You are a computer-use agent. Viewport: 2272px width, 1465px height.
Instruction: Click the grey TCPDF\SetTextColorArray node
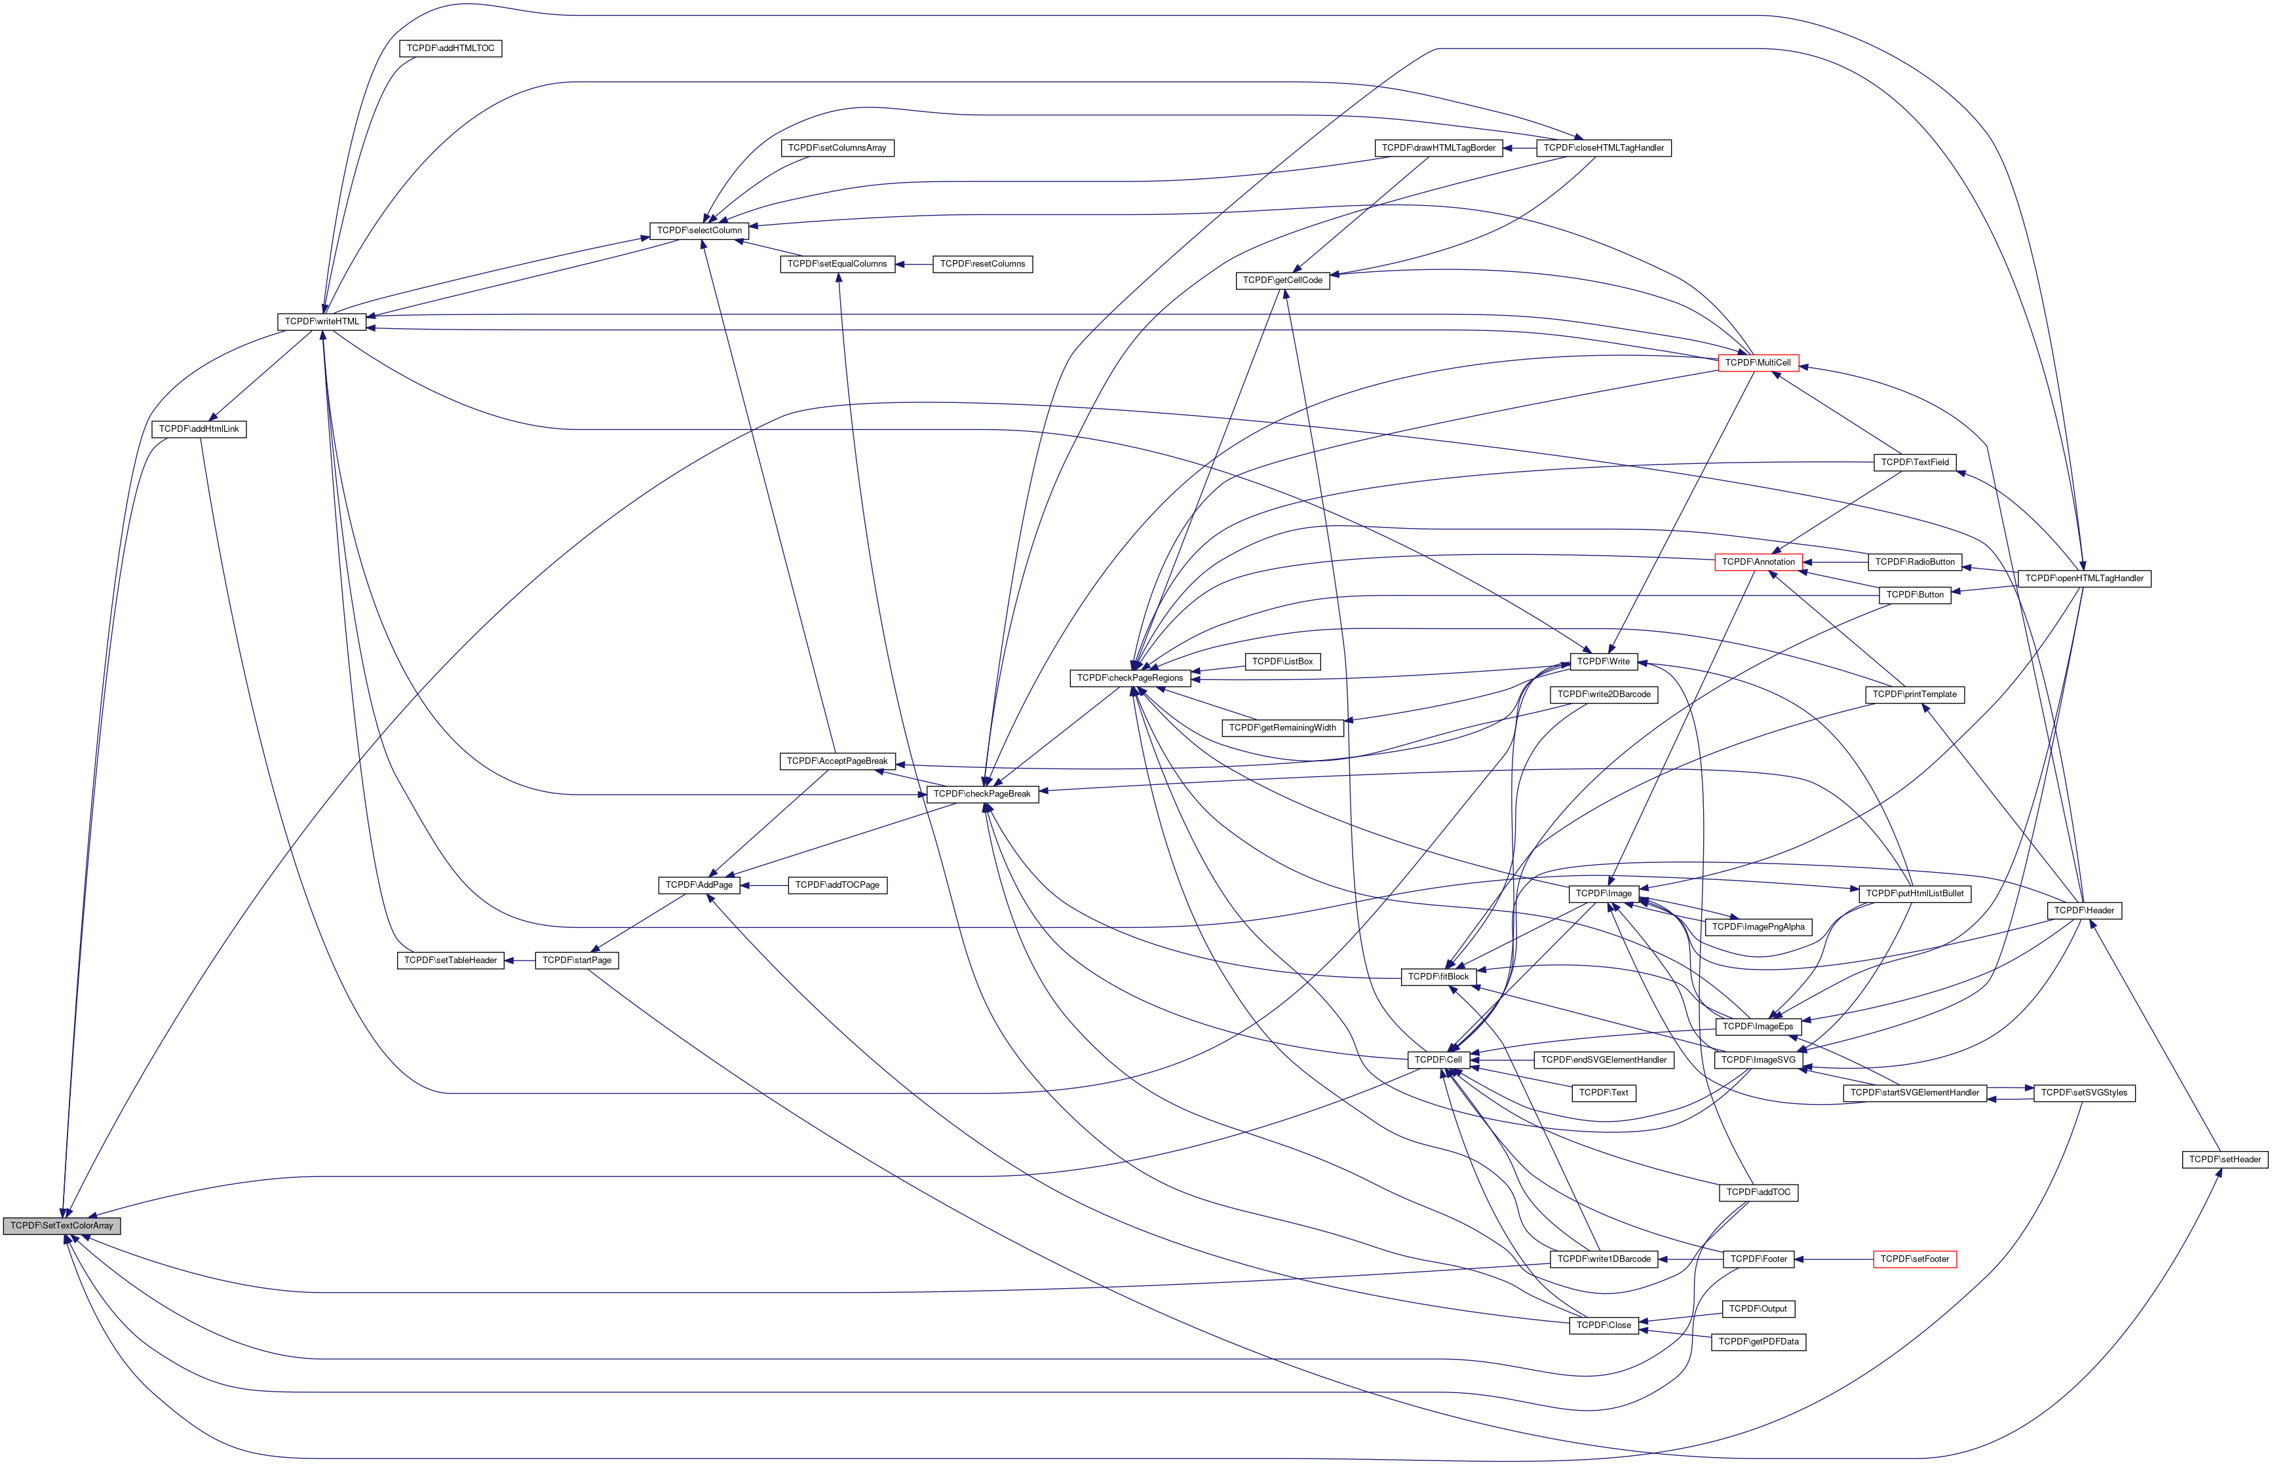point(62,1225)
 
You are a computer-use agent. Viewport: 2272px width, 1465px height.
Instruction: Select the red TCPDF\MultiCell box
point(1758,362)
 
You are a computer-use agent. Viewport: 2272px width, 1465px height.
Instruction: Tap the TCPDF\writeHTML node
point(322,322)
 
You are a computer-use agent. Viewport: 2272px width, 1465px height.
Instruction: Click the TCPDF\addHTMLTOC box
point(450,48)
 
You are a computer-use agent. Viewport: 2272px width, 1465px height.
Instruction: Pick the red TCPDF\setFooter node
point(1914,1259)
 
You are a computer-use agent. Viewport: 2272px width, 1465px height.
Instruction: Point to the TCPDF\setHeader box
point(2224,1158)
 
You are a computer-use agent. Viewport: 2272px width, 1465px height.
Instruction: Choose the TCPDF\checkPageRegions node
point(1129,678)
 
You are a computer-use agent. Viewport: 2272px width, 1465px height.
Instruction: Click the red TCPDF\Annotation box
point(1758,562)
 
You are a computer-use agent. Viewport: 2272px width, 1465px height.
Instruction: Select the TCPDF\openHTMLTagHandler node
point(2084,579)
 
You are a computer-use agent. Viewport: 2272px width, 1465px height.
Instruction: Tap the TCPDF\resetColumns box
point(982,263)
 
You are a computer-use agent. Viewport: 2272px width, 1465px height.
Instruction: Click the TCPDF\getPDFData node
point(1758,1341)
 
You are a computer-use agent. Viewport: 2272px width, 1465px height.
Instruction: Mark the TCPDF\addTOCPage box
point(838,885)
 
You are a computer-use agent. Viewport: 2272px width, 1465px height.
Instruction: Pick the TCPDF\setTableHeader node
point(450,960)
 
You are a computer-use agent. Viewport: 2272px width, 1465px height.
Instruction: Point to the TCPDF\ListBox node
point(1282,661)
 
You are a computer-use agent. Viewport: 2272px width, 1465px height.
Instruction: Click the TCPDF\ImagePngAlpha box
point(1758,926)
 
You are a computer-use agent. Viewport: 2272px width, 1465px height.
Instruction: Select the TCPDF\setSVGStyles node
point(2085,1093)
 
